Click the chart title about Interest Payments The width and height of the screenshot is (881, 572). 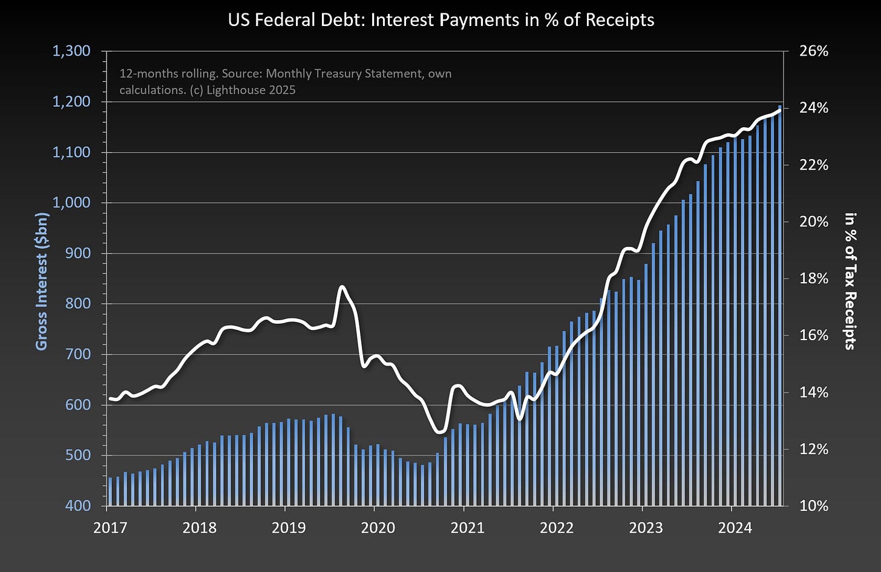coord(440,20)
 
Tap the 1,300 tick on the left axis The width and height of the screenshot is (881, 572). coord(71,51)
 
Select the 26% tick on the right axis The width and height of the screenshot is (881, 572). coord(813,51)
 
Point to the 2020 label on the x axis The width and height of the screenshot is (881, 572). coord(378,528)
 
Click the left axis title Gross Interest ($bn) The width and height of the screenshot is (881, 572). coord(42,281)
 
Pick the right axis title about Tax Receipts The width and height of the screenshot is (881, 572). coord(851,281)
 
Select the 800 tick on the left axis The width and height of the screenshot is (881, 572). coord(79,303)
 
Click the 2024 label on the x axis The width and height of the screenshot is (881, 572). coord(735,528)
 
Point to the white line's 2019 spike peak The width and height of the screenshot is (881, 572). coord(342,287)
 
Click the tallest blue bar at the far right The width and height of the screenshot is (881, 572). coord(779,303)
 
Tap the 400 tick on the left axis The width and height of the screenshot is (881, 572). coord(79,505)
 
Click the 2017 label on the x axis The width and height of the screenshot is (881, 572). coord(110,528)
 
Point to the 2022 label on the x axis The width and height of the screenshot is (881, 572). coord(557,528)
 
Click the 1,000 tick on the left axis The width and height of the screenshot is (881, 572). coord(71,202)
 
